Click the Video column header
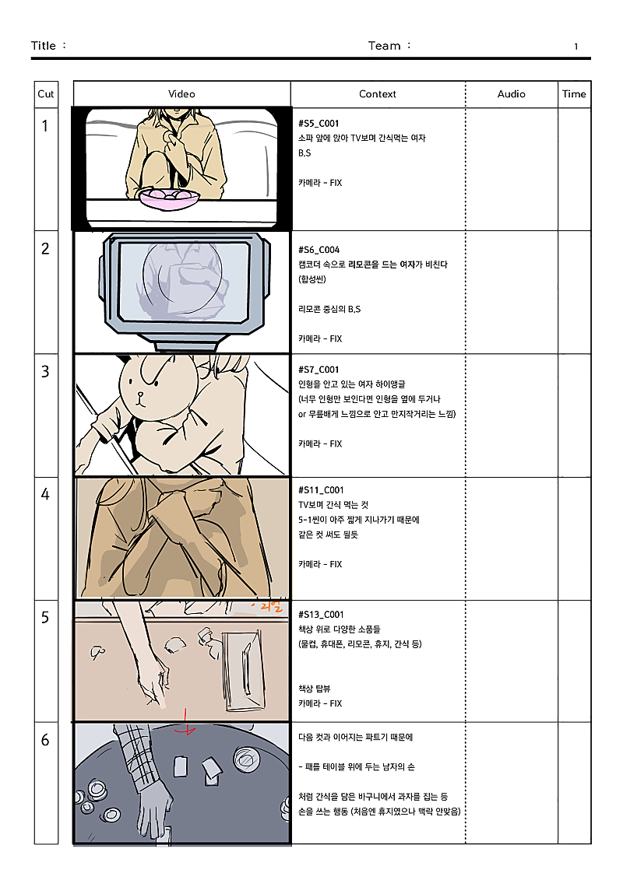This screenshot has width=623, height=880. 181,94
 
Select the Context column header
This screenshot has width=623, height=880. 378,94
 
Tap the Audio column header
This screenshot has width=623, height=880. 512,94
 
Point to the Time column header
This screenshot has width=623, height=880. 574,94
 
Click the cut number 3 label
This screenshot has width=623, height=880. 45,372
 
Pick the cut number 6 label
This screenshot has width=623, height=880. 45,740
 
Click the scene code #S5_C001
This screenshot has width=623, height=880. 319,124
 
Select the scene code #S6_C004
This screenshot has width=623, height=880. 319,250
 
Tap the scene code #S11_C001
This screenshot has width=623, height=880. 321,490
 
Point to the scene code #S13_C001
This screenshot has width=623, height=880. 321,614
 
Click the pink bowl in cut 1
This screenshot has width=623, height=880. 169,198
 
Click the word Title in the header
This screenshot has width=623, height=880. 44,46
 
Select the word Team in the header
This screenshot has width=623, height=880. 384,46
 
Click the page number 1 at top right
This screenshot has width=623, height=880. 576,47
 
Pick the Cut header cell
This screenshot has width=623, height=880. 46,94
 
